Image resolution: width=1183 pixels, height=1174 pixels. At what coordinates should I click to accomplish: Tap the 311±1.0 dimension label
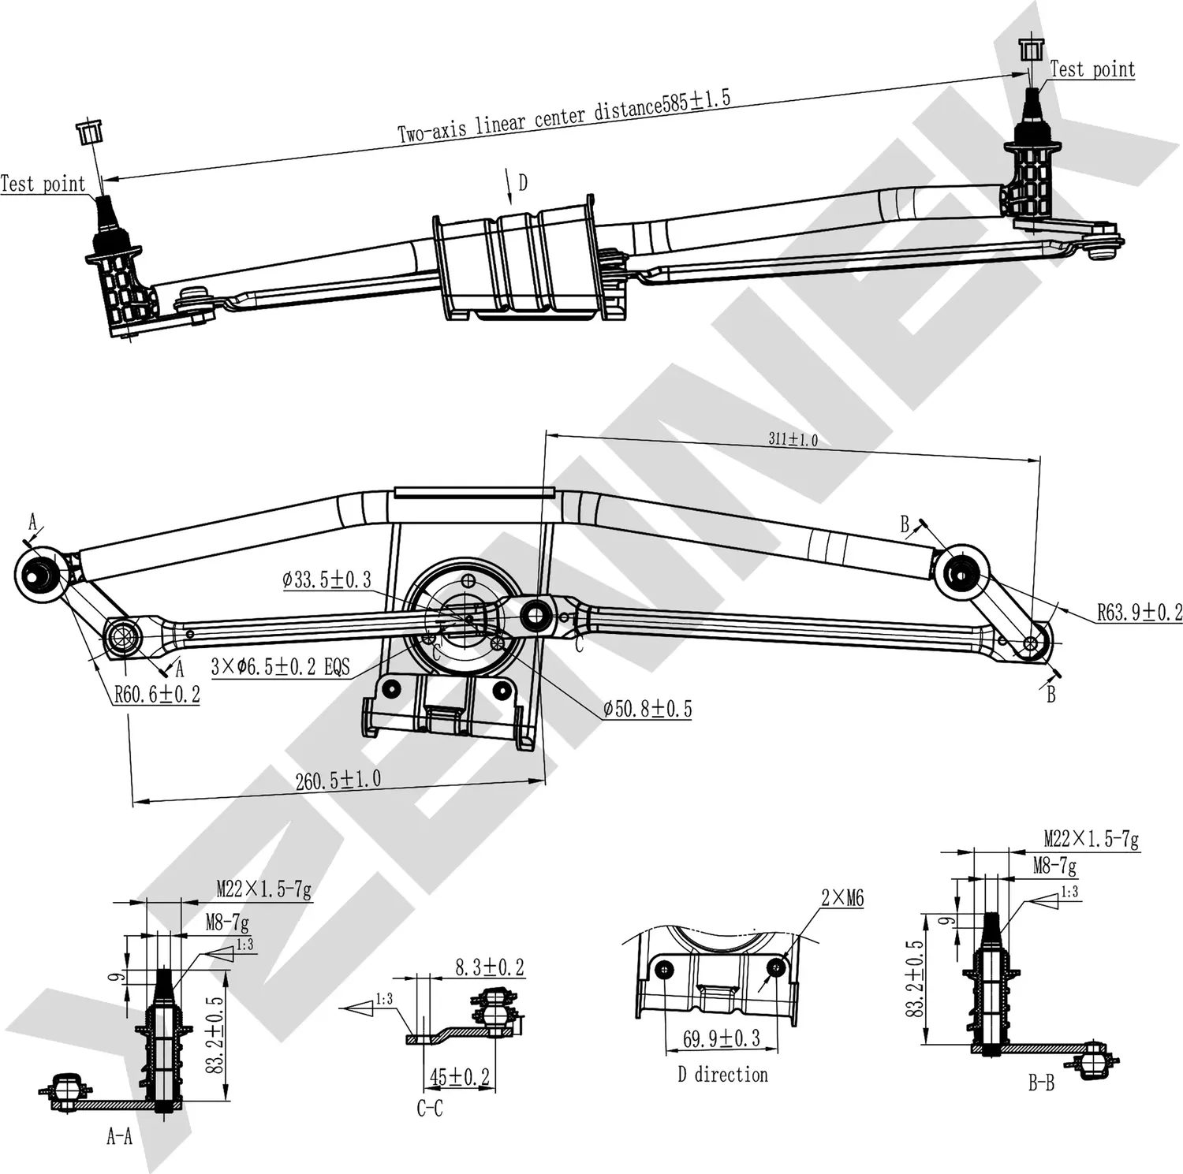pos(793,439)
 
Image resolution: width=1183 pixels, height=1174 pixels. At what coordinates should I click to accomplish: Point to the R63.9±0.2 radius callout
pos(1139,612)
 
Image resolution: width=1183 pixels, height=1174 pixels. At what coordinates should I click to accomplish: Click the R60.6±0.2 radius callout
pos(157,695)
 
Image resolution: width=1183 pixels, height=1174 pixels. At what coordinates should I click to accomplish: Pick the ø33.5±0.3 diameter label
pos(327,580)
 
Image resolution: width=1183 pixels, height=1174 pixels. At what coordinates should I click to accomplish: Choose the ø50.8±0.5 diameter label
pos(647,709)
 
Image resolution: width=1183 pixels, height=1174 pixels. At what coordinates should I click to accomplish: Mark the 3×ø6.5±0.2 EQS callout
pos(280,667)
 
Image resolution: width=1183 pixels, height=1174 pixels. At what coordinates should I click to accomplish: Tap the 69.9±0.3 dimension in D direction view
pos(721,1038)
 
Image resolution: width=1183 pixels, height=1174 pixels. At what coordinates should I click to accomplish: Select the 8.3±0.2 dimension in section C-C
pos(489,967)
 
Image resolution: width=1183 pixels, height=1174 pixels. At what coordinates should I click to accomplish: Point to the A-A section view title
pos(119,1136)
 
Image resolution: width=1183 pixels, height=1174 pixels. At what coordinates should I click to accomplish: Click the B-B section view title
pos(1040,1084)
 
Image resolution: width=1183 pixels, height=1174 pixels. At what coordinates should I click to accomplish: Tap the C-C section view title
pos(429,1109)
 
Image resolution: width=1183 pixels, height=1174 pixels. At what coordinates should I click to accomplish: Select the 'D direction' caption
pos(722,1075)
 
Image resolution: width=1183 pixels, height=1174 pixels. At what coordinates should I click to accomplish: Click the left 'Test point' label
pos(43,184)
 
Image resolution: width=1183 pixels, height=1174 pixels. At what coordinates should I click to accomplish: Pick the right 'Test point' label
pos(1092,69)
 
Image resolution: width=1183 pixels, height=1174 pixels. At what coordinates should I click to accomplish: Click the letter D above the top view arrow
pos(522,183)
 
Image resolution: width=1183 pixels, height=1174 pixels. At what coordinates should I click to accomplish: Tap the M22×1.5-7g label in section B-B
pos(1091,839)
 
